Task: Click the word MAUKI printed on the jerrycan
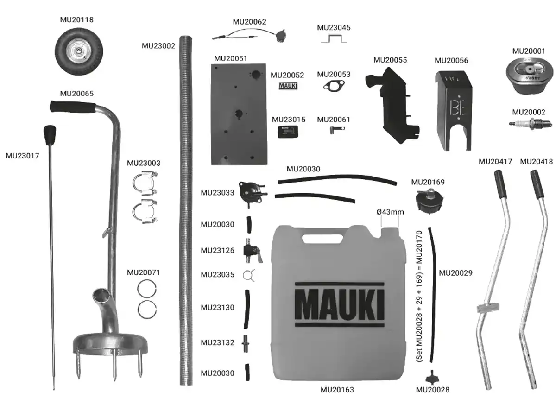(340, 304)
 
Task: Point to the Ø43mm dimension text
(390, 212)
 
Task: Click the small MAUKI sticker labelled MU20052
(288, 86)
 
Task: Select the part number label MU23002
(158, 46)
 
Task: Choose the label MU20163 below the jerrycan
(337, 390)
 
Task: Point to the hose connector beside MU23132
(246, 343)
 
